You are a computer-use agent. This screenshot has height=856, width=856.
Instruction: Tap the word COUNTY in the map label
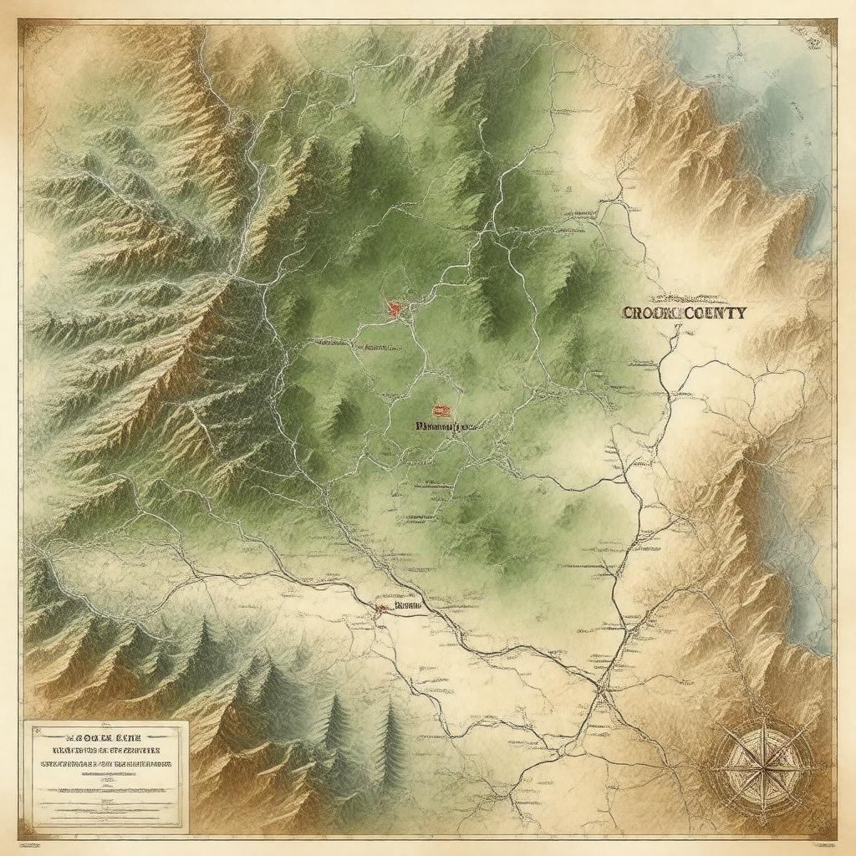pos(714,313)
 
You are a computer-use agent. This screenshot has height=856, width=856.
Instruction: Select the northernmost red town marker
pos(395,308)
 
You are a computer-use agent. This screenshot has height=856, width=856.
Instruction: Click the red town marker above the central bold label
pos(441,410)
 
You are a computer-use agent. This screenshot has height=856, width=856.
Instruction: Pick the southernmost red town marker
pos(381,607)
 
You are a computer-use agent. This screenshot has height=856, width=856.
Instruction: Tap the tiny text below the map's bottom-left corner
pos(50,838)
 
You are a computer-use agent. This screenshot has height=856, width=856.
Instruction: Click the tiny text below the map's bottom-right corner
pos(802,838)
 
